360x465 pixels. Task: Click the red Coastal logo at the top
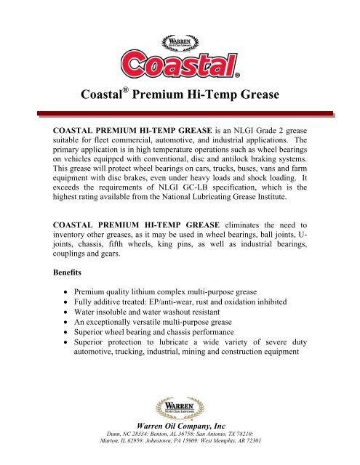click(x=179, y=62)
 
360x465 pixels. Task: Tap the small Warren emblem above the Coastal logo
click(x=179, y=35)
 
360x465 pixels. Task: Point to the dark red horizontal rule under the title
click(x=179, y=114)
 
